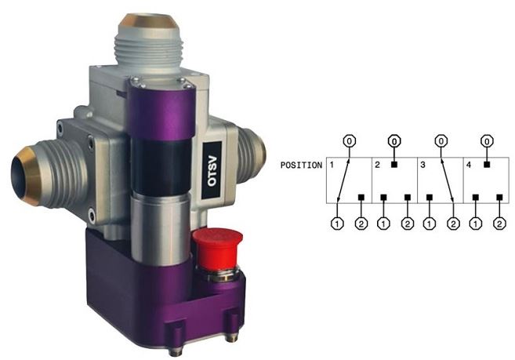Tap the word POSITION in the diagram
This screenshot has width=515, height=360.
point(301,165)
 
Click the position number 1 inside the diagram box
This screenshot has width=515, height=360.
point(332,165)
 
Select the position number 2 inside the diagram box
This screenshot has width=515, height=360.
point(377,165)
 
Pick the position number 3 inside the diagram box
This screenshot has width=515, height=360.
point(423,165)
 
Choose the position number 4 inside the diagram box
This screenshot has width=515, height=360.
point(470,165)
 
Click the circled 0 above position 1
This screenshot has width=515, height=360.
point(350,141)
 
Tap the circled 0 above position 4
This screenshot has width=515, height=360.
point(487,141)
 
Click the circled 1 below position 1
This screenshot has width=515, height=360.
point(337,223)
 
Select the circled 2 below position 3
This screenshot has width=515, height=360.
point(453,223)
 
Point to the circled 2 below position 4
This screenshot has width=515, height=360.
point(499,223)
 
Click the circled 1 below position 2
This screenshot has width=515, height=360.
point(383,223)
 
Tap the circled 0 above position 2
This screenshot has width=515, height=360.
point(395,141)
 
